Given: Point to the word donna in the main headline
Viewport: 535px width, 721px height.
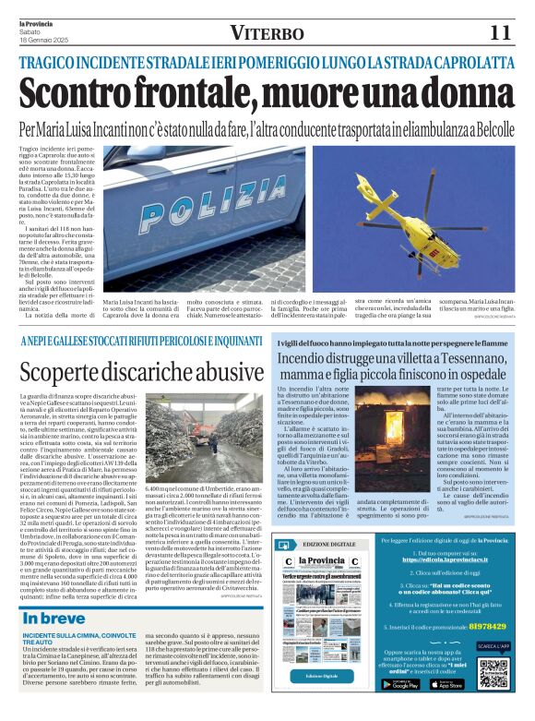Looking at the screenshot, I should (446, 95).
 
